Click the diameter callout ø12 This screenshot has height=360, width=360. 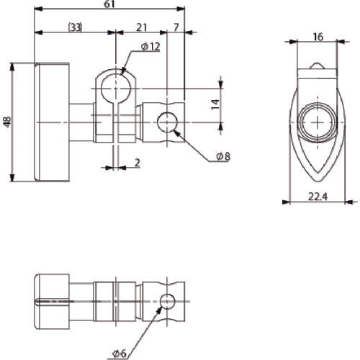pyautogui.click(x=150, y=47)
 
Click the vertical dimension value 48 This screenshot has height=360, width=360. pyautogui.click(x=7, y=123)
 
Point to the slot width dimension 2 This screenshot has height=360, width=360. pyautogui.click(x=137, y=163)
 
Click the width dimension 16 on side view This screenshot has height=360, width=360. pyautogui.click(x=317, y=37)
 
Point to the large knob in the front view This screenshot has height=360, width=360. pyautogui.click(x=51, y=123)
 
